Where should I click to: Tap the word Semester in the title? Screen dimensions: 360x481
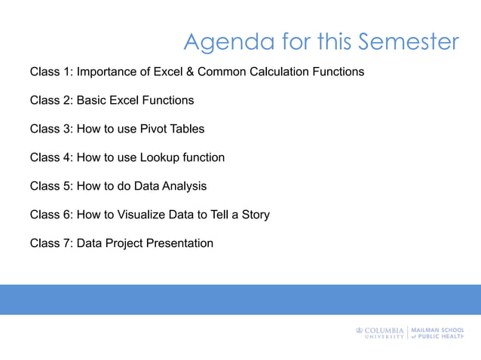click(408, 41)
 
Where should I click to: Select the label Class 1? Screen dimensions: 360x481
click(51, 72)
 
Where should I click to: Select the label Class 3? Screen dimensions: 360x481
click(51, 129)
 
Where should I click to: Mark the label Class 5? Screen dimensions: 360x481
click(51, 186)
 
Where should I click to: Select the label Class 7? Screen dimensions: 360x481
click(51, 243)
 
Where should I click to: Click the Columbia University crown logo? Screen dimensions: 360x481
click(359, 330)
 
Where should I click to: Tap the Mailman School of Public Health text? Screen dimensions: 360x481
click(437, 333)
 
